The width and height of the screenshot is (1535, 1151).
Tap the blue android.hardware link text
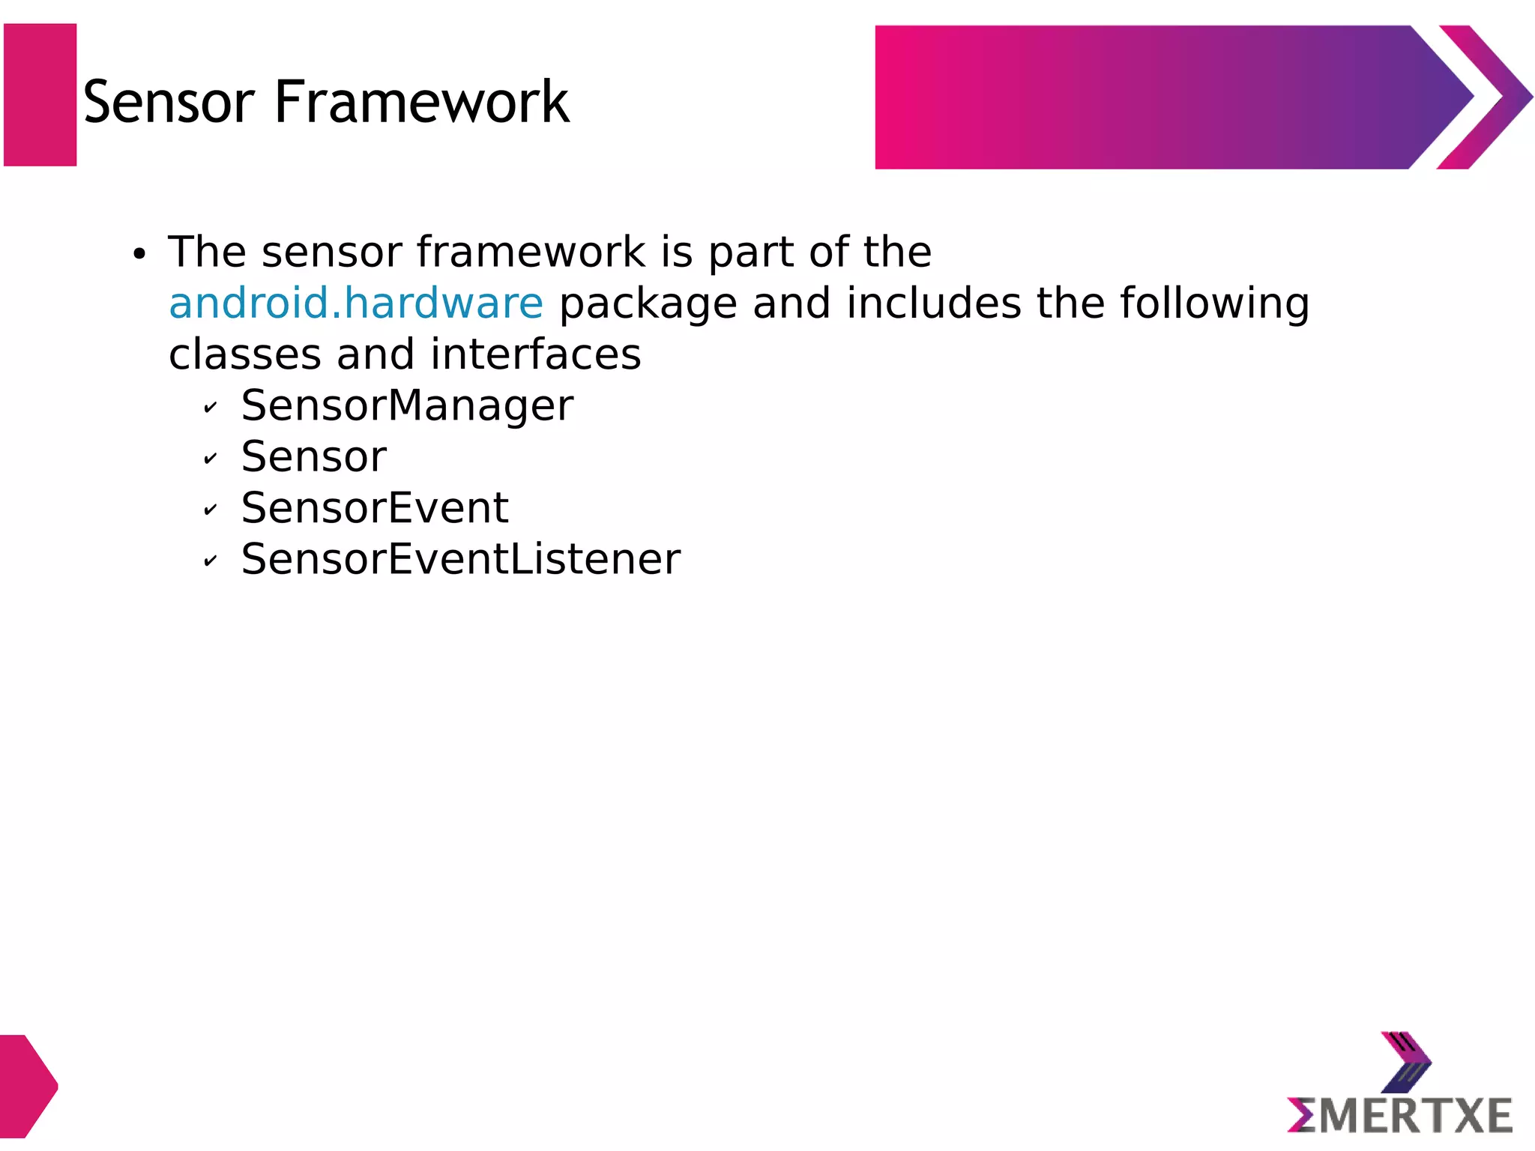(356, 303)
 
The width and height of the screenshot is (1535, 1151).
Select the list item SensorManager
(407, 405)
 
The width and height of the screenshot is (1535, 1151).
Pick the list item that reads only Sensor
(313, 456)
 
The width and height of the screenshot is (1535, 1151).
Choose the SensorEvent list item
(375, 508)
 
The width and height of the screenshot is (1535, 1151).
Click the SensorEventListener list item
(460, 559)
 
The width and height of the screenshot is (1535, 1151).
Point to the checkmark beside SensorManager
(211, 408)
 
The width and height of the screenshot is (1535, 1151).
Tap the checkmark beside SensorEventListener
(211, 561)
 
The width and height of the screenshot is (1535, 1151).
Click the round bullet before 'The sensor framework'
(139, 255)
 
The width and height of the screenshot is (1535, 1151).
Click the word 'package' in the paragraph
(648, 304)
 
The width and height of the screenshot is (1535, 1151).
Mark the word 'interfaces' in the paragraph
(535, 354)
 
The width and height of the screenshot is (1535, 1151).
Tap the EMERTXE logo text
(1400, 1116)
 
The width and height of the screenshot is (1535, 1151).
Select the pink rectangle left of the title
(40, 95)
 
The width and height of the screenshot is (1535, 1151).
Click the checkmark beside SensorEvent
(211, 510)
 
